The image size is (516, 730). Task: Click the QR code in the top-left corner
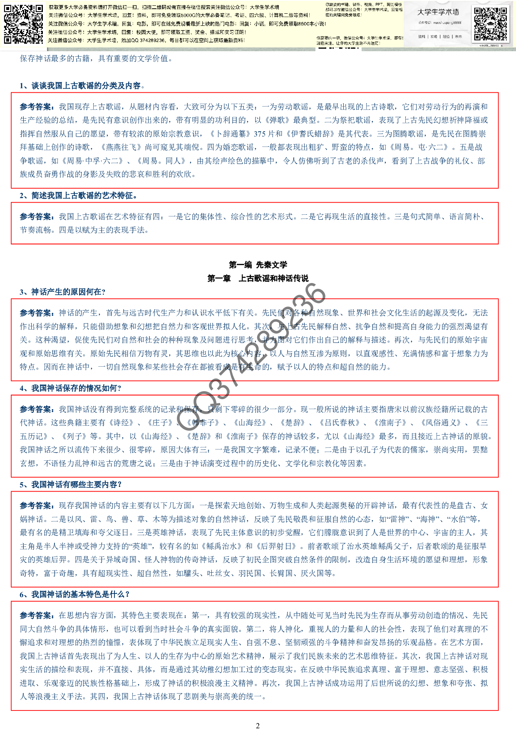point(23,24)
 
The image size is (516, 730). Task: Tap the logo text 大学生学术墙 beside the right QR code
point(438,12)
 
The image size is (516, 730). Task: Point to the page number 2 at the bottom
point(258,725)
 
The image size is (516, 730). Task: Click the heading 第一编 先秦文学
point(258,265)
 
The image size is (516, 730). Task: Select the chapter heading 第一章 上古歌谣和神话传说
point(258,278)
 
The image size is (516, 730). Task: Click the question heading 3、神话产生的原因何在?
point(62,292)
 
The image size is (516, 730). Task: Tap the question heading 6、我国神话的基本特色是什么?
point(75,594)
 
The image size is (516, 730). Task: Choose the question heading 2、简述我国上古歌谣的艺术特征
point(78,195)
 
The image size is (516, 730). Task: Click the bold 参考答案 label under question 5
point(37,506)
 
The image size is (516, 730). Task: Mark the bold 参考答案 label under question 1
point(37,107)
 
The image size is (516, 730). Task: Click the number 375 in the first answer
point(260,134)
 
